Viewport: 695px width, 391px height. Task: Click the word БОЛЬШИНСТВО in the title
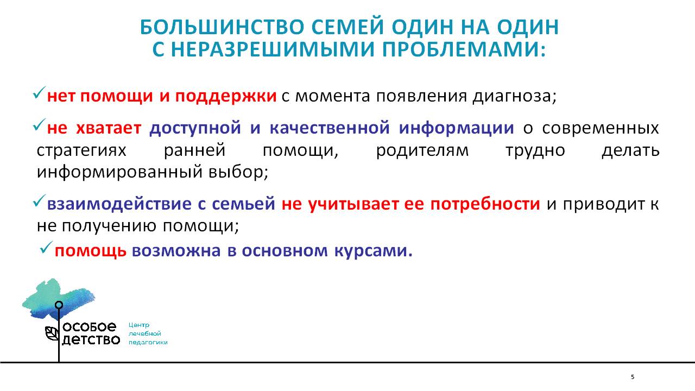click(222, 27)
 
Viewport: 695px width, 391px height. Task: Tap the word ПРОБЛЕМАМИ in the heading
click(464, 49)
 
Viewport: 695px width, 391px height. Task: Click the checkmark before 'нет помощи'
click(39, 93)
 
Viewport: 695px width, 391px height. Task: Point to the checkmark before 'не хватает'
click(39, 124)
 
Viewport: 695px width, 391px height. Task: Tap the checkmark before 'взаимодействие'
click(39, 201)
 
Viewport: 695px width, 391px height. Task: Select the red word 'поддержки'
click(226, 97)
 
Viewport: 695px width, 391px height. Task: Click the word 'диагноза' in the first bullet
click(514, 97)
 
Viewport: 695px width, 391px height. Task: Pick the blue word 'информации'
click(457, 128)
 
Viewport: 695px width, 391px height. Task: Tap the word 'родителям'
click(422, 150)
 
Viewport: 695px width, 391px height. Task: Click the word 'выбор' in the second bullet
click(238, 172)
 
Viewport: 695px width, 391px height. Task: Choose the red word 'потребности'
click(485, 205)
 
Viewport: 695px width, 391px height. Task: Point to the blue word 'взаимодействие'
click(119, 204)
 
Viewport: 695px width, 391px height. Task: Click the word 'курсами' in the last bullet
click(374, 251)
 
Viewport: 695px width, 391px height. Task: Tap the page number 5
click(633, 377)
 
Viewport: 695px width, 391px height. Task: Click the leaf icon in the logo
click(52, 333)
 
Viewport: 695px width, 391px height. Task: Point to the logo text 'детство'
click(91, 340)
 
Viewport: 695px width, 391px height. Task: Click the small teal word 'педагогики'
click(148, 343)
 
